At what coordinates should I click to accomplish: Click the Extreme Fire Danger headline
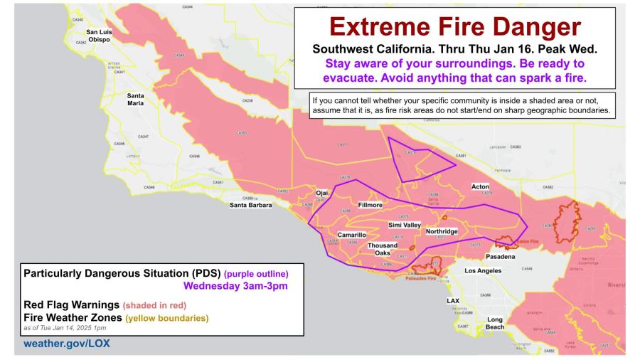point(455,27)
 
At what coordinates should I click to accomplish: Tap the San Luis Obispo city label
point(99,36)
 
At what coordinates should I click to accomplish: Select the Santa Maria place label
point(135,99)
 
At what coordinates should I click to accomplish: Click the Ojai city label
point(323,193)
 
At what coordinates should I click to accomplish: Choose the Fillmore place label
point(370,205)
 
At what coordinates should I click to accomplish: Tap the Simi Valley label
point(405,225)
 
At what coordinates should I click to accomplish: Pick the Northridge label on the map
point(442,231)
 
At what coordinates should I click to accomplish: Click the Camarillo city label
point(351,234)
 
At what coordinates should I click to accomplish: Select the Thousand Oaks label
point(383,249)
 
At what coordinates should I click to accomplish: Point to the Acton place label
point(481,186)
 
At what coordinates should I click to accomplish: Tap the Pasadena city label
point(496,255)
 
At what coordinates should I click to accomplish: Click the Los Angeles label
point(484,271)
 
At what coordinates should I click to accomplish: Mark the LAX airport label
point(453,301)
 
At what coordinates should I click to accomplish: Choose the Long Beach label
point(495,323)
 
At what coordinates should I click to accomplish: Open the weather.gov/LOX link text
point(67,344)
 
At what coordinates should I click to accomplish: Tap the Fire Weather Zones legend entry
point(73,317)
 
